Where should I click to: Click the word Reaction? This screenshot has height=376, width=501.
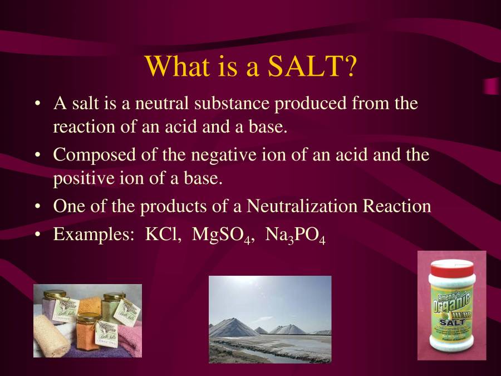click(397, 206)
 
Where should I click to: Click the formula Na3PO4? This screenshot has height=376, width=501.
click(295, 235)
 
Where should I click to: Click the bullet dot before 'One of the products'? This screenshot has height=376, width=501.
click(37, 207)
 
